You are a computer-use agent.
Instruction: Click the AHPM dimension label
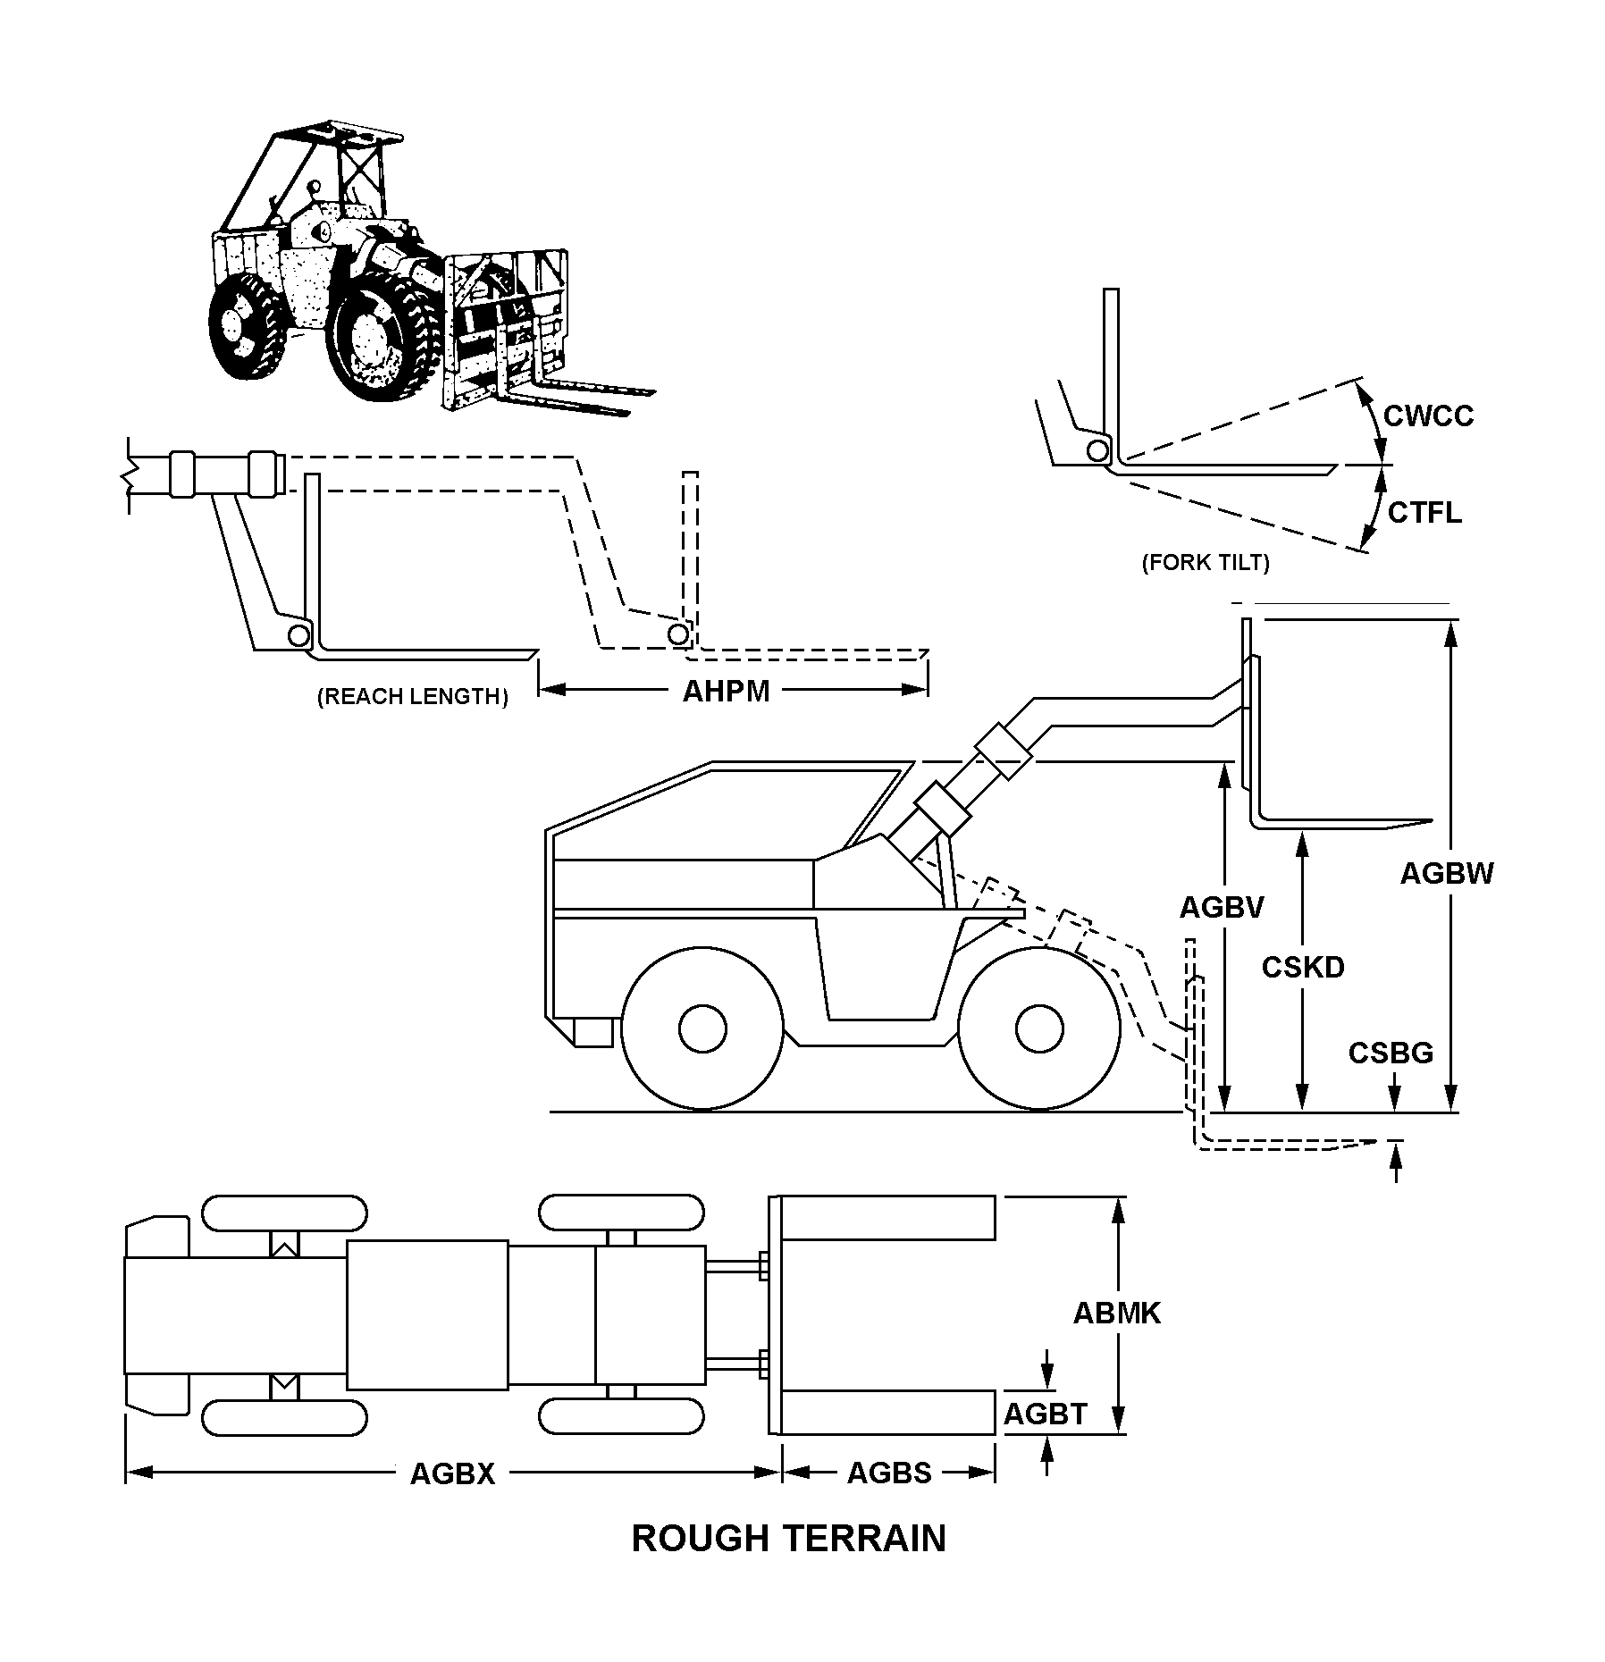pos(726,692)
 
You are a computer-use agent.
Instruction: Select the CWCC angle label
pos(1428,416)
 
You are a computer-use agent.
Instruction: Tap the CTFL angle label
pos(1424,513)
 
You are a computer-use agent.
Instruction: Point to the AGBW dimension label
pos(1447,873)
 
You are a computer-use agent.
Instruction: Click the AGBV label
pos(1222,908)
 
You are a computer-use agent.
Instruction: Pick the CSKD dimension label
pos(1303,967)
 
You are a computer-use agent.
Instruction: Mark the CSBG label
pos(1391,1053)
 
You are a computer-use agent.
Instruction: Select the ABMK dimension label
pos(1116,1313)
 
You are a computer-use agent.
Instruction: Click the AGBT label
pos(1045,1414)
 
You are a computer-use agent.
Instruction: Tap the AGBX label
pos(452,1473)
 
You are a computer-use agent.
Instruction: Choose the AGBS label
pos(889,1473)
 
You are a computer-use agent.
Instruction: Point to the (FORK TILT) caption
pos(1206,563)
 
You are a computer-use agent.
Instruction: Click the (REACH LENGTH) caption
pos(413,697)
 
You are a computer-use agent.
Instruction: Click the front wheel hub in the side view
pos(1039,1028)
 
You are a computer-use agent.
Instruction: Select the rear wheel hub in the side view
pos(702,1028)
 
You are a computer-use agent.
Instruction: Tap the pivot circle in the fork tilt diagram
pos(1097,450)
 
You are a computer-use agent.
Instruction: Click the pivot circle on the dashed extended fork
pos(678,634)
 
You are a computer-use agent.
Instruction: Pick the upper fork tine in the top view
pos(888,1218)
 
